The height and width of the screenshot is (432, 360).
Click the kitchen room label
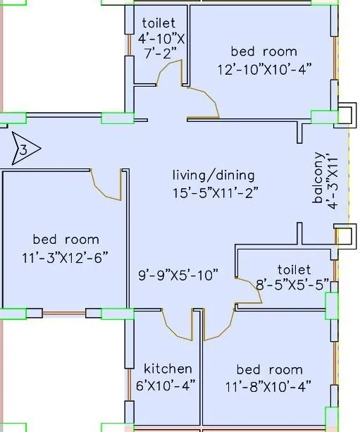[168, 369]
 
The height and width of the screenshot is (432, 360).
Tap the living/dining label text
[213, 175]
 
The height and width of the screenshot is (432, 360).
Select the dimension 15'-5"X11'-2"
[216, 193]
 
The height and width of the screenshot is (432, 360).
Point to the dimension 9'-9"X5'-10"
[178, 275]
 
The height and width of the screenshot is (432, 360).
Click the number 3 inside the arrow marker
[24, 150]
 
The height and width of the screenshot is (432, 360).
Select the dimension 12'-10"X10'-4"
[265, 70]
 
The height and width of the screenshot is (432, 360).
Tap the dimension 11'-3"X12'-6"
[65, 258]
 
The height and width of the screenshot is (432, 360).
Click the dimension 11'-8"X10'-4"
[268, 386]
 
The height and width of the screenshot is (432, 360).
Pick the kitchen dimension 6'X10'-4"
[166, 385]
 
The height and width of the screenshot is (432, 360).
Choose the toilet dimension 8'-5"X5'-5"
[292, 285]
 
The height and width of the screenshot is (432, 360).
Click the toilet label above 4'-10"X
[159, 23]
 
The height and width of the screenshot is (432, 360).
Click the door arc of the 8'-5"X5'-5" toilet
[255, 287]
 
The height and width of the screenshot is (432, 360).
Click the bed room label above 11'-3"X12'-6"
[66, 240]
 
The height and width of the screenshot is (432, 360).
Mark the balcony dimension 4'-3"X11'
[333, 183]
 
